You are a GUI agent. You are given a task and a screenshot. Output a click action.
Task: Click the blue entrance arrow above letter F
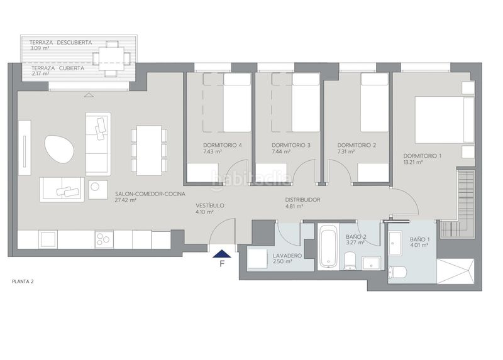click(222, 254)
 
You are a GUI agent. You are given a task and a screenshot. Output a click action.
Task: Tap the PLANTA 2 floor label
click(23, 281)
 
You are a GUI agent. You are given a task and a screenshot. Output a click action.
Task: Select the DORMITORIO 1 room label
click(422, 156)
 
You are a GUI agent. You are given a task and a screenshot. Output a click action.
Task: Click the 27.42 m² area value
click(125, 200)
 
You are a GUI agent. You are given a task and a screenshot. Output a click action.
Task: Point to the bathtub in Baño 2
click(328, 246)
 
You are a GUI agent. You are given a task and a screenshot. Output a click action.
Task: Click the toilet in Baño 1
click(397, 272)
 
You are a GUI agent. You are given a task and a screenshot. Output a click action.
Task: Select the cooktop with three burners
click(104, 239)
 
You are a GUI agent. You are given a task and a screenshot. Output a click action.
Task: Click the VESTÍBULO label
click(210, 205)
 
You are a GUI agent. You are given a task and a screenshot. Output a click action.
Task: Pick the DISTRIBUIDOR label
click(302, 200)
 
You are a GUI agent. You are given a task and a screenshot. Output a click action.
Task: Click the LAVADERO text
click(287, 256)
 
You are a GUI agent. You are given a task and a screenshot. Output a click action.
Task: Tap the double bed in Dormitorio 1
click(445, 119)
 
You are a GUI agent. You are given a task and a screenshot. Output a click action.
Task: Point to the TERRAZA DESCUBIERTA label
click(60, 42)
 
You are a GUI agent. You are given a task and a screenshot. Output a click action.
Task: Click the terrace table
click(111, 58)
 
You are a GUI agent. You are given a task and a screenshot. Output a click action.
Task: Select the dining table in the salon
click(149, 150)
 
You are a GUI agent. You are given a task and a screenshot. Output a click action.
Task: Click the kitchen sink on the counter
click(48, 239)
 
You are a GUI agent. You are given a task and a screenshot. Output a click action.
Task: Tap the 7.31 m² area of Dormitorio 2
click(346, 151)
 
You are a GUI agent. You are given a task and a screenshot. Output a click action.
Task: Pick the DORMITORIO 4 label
click(223, 145)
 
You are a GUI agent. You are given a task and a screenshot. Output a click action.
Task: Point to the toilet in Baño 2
click(350, 261)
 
